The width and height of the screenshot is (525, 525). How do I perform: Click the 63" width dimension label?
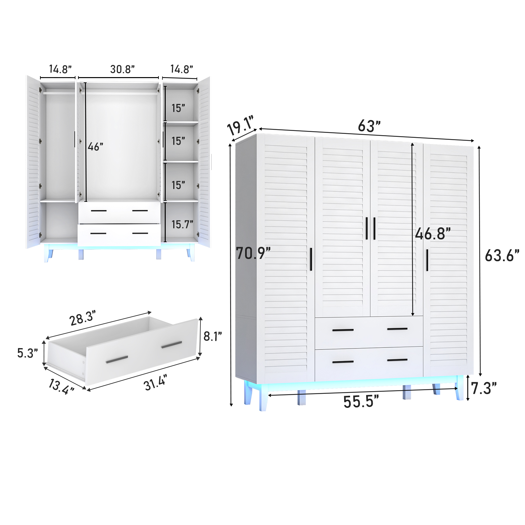[x=369, y=126]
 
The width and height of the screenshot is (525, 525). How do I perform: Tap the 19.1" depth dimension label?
[x=241, y=125]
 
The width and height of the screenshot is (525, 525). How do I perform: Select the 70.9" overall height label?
[x=253, y=253]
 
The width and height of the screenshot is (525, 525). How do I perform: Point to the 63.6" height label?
[x=502, y=256]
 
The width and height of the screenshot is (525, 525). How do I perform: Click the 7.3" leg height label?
[x=484, y=388]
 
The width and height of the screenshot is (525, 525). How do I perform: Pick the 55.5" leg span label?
[x=361, y=402]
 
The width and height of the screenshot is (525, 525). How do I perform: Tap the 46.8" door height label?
[x=432, y=234]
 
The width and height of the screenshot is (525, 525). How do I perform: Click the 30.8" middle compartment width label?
[x=122, y=69]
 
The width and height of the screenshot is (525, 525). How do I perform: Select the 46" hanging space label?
[x=95, y=147]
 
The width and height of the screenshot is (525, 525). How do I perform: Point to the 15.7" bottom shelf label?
[x=182, y=224]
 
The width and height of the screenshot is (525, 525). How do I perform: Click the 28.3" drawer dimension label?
[x=82, y=318]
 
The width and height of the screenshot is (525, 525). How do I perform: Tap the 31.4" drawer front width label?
[x=156, y=383]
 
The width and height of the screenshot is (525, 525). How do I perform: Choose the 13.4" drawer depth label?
[x=61, y=386]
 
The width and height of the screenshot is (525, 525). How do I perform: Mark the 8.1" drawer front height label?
[x=213, y=336]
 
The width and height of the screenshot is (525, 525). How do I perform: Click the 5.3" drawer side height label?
[x=28, y=353]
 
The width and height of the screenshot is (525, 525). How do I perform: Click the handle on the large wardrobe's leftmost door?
[x=311, y=259]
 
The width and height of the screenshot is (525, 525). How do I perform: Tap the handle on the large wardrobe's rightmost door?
[x=427, y=260]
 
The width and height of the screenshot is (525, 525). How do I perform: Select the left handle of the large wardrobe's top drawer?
[x=343, y=330]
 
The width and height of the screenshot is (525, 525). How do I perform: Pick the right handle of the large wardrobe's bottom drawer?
[x=397, y=360]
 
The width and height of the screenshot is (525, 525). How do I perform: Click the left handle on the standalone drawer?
[x=117, y=360]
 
